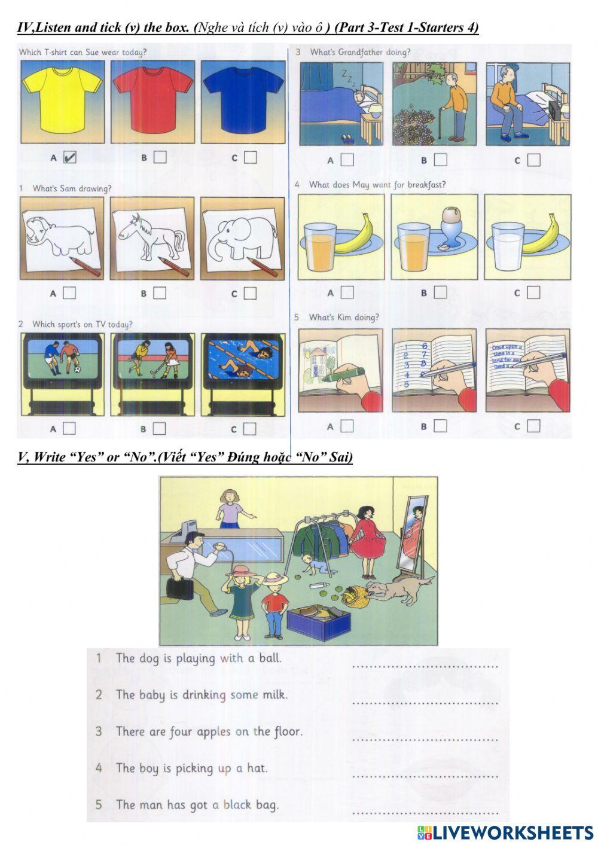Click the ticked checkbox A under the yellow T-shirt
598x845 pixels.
70,157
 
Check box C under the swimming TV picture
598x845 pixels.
249,429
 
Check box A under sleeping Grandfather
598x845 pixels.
347,160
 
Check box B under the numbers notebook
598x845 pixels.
440,426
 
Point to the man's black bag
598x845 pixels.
180,589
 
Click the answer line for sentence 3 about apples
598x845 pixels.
425,739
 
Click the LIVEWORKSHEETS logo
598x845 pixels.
505,832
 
